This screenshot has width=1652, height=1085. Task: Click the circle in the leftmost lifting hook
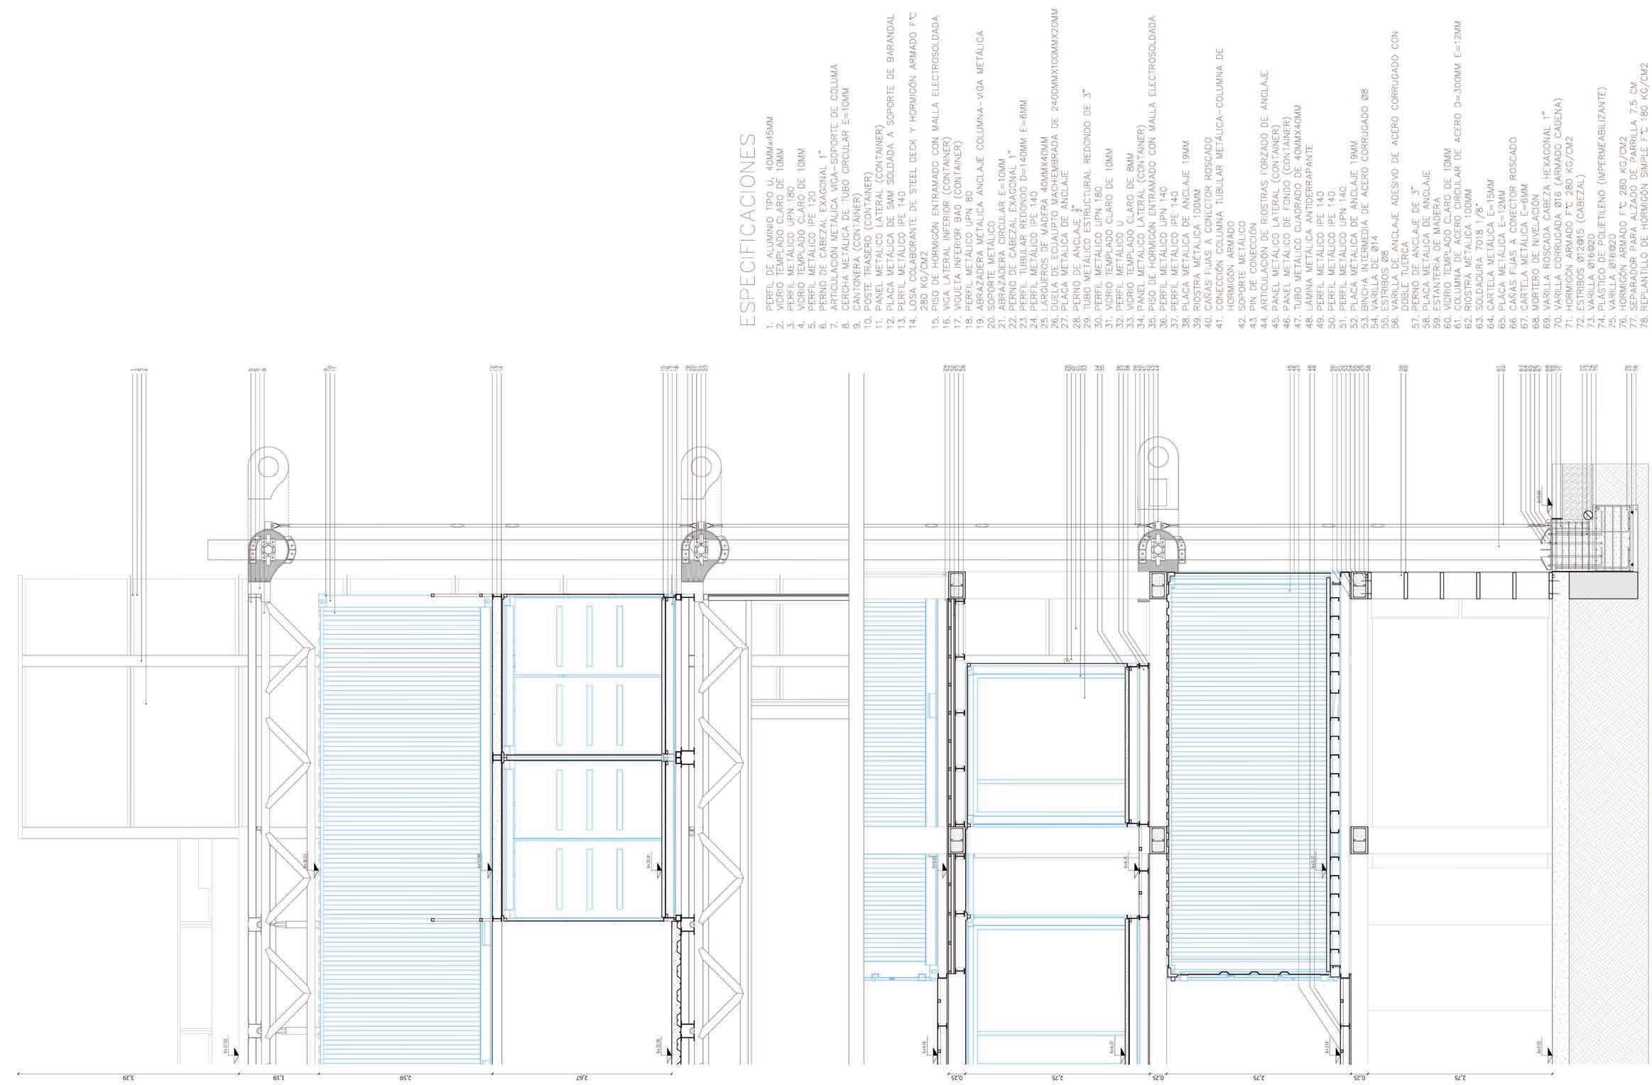tap(268, 467)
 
